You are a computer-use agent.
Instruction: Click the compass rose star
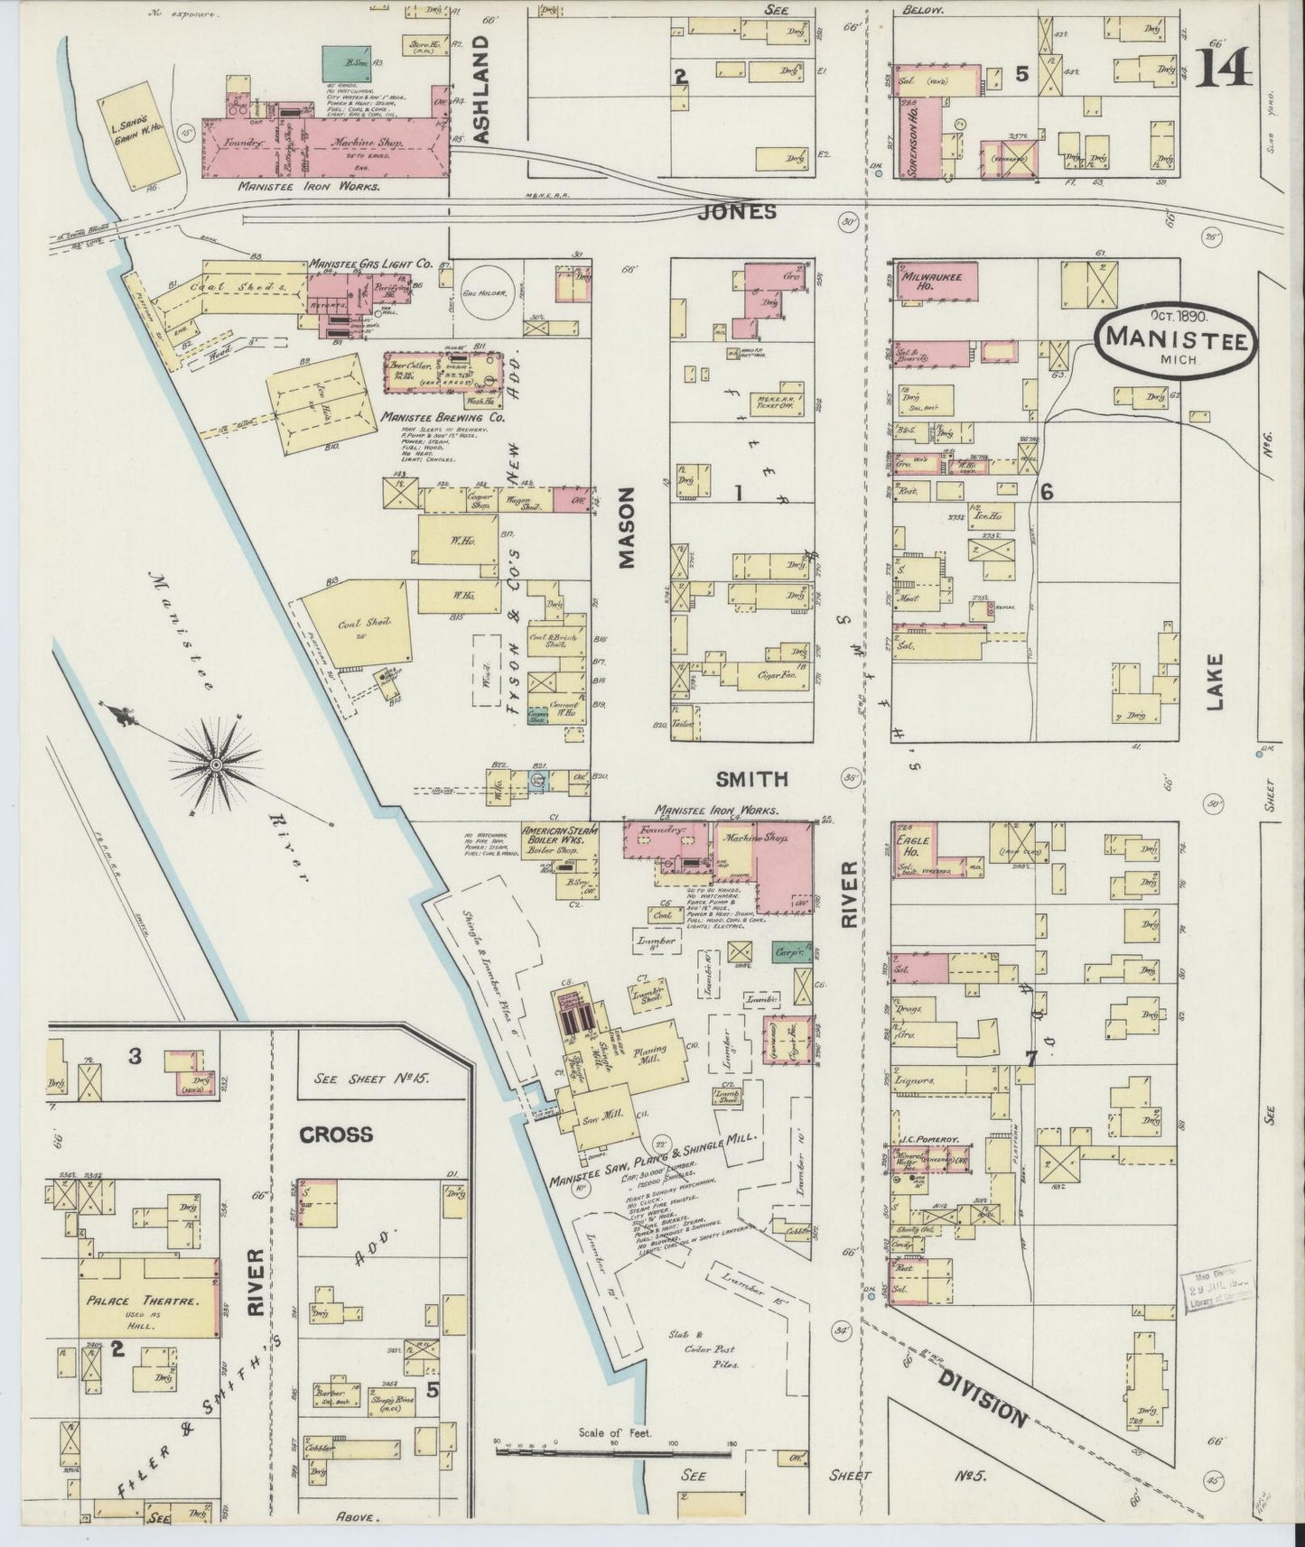(x=215, y=764)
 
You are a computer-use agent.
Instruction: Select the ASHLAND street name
(x=479, y=88)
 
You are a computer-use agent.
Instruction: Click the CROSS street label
(x=336, y=1134)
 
